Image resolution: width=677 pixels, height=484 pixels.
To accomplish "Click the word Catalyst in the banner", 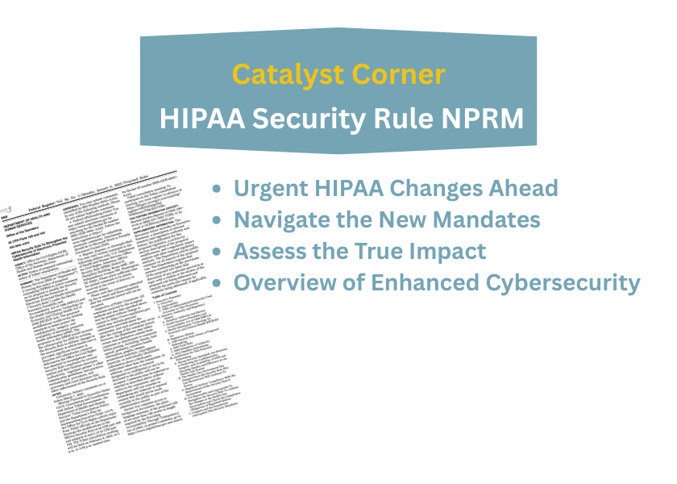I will coord(292,75).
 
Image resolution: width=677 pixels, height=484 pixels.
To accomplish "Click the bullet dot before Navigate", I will coord(216,220).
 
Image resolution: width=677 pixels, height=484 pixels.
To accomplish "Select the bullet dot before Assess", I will coord(216,252).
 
